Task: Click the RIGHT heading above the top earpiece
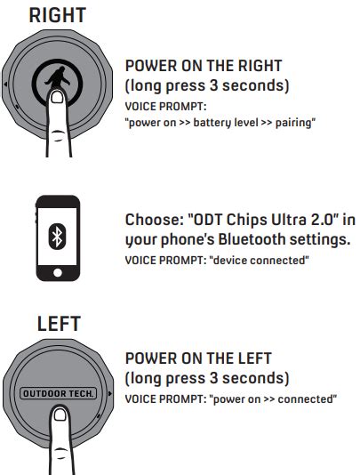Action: click(x=58, y=15)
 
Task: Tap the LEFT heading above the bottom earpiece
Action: click(x=59, y=324)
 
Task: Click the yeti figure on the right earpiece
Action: click(x=57, y=77)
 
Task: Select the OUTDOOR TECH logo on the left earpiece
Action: click(x=58, y=393)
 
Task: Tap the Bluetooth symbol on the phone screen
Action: click(x=57, y=237)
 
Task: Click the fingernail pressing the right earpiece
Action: click(x=57, y=97)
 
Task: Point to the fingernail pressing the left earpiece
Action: click(x=60, y=415)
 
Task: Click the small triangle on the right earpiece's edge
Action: click(x=5, y=84)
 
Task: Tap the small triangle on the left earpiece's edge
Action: click(x=110, y=393)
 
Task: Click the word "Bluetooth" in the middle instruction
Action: click(x=252, y=239)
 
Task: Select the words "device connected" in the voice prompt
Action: click(x=260, y=261)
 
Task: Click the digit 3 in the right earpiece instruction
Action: click(x=213, y=85)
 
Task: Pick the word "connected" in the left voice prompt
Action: click(x=305, y=399)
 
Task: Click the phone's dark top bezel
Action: click(x=58, y=201)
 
